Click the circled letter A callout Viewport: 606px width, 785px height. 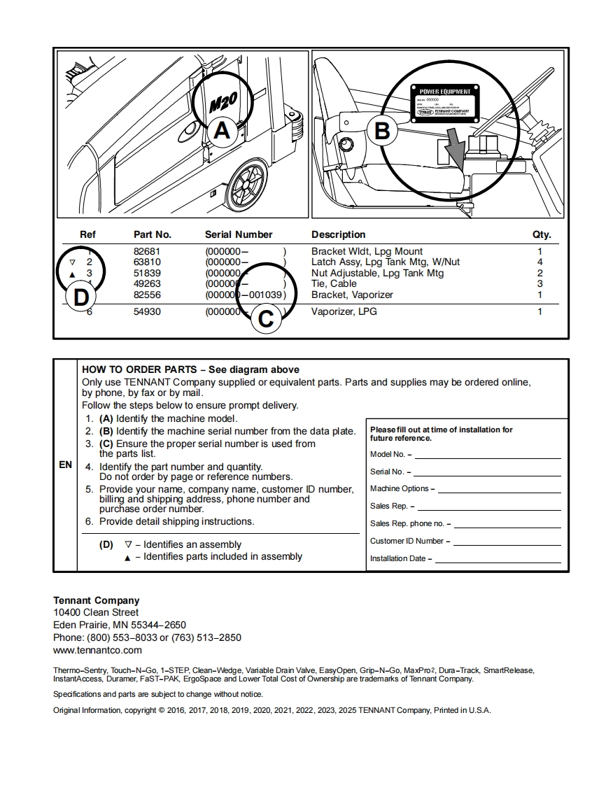221,131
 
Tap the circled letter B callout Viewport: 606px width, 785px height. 382,131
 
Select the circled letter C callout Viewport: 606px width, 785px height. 266,319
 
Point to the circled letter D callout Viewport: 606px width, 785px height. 82,297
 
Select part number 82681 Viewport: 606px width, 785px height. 147,251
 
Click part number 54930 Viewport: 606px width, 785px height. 147,311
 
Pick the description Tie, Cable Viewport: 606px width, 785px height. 334,283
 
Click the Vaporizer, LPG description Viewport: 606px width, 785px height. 344,311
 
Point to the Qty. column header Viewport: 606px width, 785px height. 542,234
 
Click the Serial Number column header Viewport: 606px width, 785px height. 239,234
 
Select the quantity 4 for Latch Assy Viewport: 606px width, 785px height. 540,262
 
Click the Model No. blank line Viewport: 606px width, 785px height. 488,455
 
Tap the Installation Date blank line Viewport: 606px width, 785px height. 498,560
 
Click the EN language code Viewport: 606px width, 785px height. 65,465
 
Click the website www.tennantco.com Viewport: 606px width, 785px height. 97,650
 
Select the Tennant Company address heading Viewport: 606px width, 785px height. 96,600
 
